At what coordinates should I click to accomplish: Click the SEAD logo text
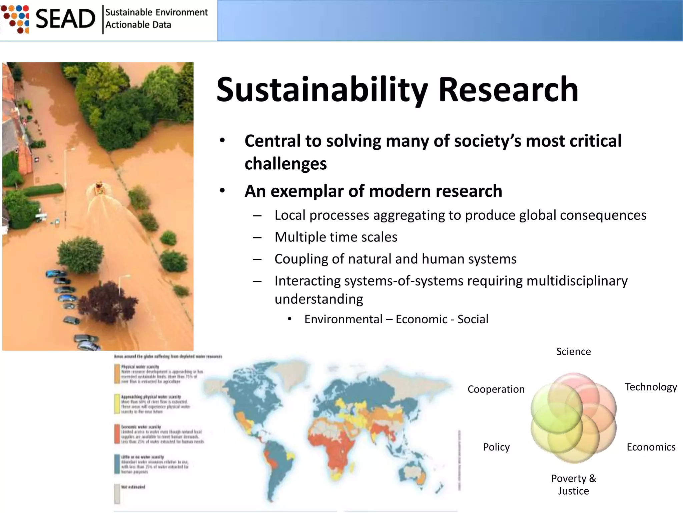point(65,19)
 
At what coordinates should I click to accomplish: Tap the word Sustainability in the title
point(322,90)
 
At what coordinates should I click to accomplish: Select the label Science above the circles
point(573,351)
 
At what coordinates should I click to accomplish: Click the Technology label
point(651,387)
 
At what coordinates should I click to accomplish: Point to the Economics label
point(651,447)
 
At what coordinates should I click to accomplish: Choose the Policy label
point(496,447)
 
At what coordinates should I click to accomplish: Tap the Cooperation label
point(496,389)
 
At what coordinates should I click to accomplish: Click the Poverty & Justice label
point(573,484)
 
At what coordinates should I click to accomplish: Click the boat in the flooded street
point(99,188)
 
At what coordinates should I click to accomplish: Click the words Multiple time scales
point(336,237)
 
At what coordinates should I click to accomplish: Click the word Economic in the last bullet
point(421,319)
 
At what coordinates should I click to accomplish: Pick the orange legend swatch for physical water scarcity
point(117,373)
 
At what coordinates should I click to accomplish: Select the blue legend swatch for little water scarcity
point(117,464)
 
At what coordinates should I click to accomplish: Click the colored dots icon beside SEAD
point(15,19)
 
